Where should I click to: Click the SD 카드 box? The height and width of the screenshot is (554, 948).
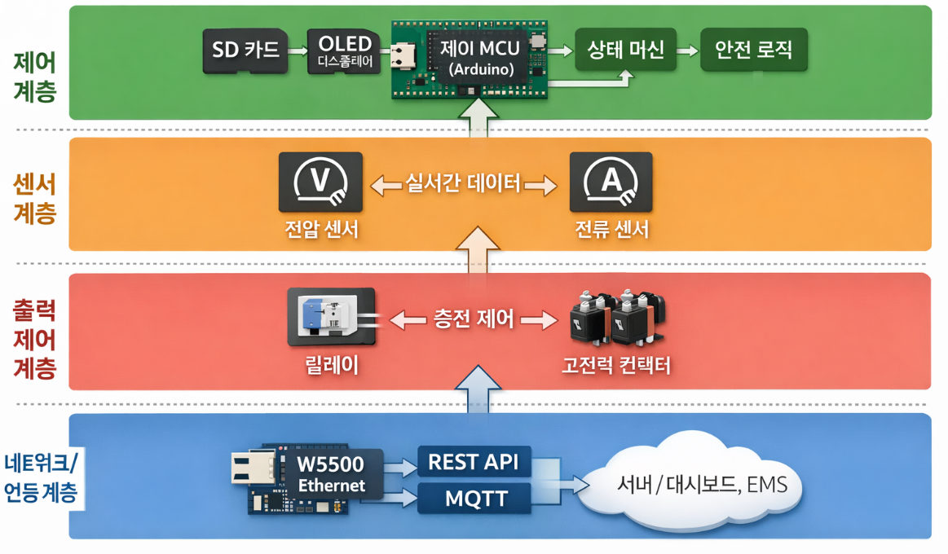(245, 51)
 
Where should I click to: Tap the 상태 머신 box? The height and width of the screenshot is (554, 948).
(626, 51)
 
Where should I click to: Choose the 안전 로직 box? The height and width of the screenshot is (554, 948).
(753, 51)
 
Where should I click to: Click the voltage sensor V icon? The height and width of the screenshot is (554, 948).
(320, 182)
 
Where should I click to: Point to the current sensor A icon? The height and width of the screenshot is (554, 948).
(611, 182)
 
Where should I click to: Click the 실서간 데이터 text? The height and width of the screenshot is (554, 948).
(464, 183)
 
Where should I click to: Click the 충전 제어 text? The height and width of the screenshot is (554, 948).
(474, 319)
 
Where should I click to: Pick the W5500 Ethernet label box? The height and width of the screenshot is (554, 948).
(330, 473)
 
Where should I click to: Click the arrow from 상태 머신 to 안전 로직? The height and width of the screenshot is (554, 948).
(689, 51)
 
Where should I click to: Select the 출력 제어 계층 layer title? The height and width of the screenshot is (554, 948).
(35, 339)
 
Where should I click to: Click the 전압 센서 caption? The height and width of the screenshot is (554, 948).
(320, 231)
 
